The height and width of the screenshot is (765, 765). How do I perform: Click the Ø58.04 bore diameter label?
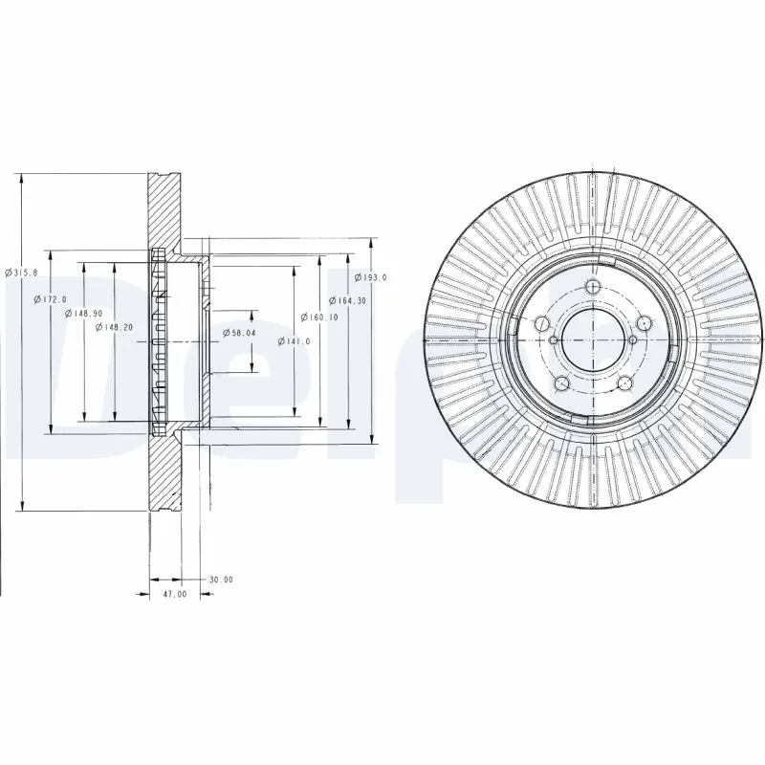[237, 332]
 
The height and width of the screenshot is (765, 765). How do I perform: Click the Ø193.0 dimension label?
[370, 277]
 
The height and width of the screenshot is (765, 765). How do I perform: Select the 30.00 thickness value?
[221, 579]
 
